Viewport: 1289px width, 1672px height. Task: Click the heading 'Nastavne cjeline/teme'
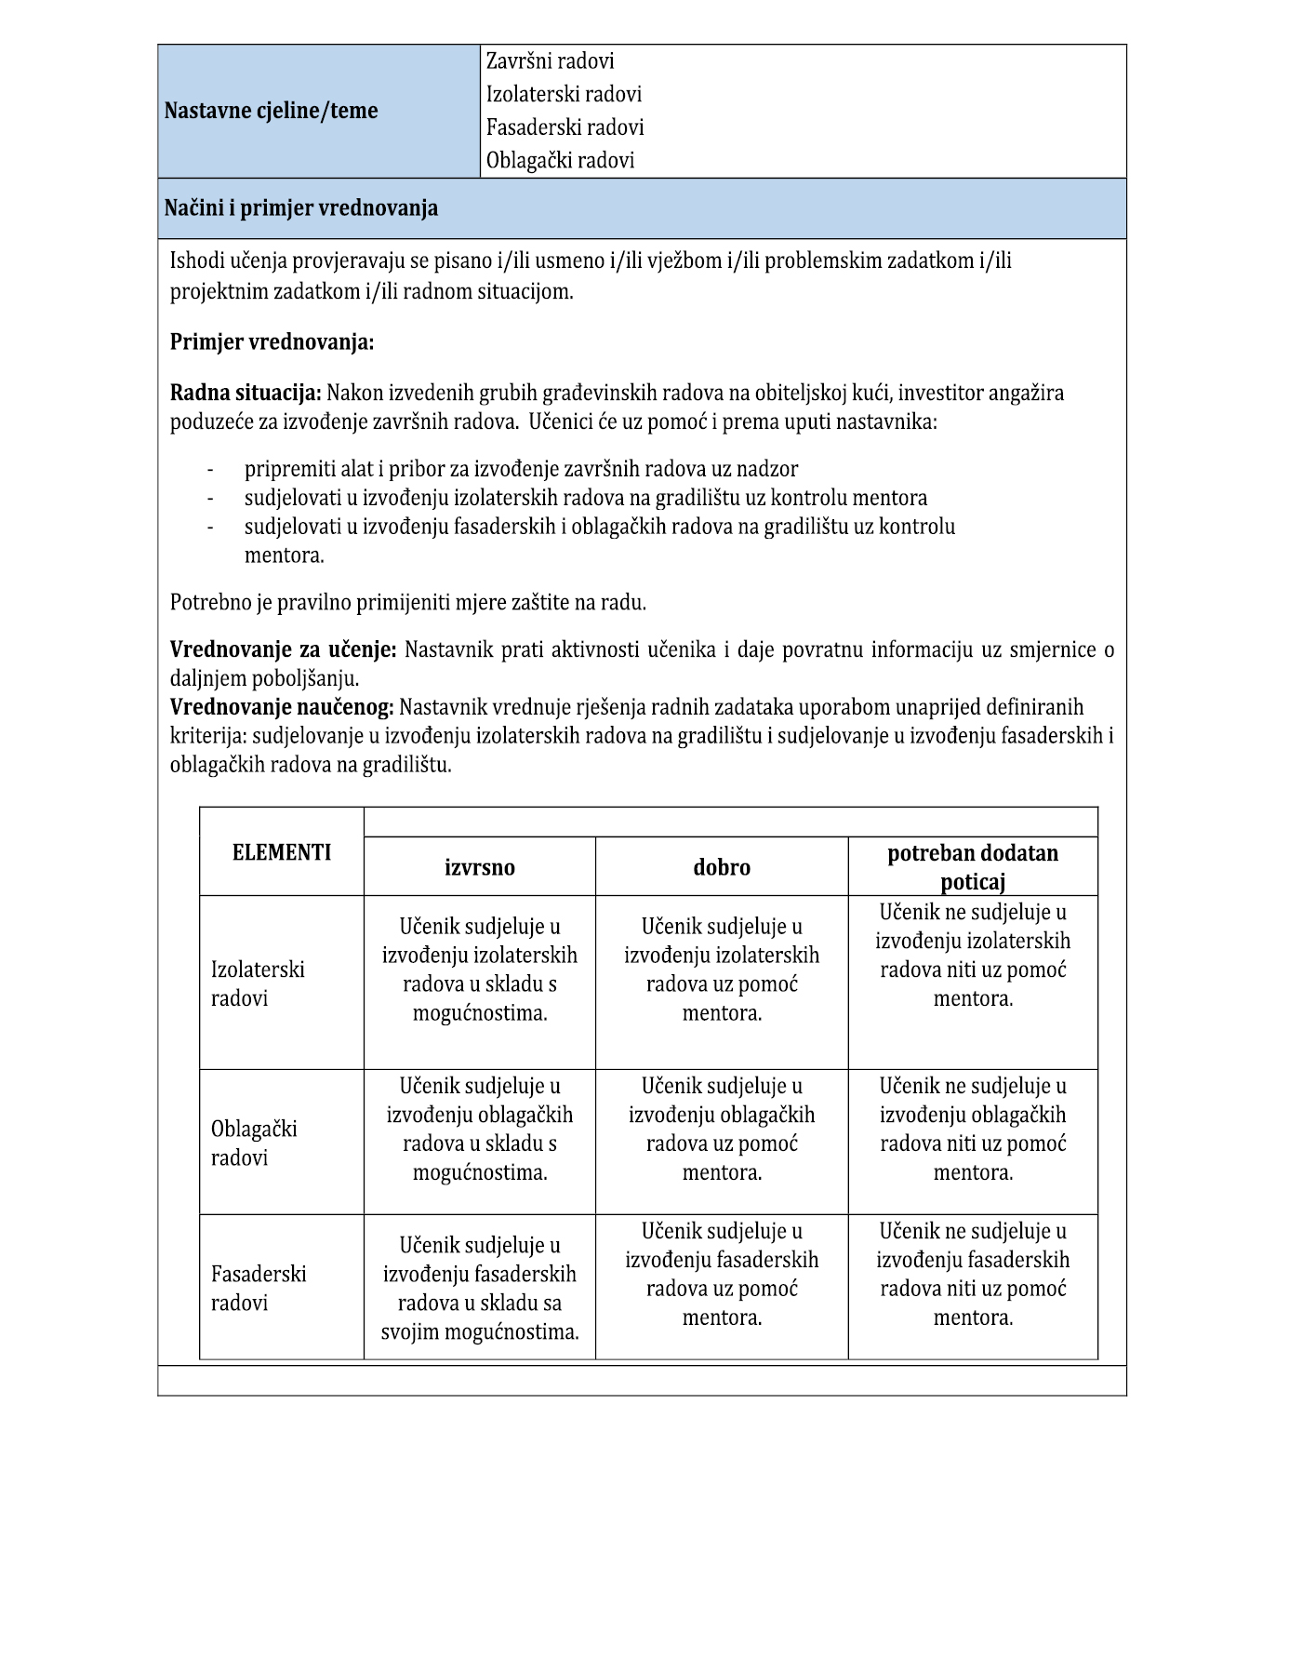click(x=271, y=111)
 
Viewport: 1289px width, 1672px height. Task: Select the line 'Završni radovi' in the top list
click(x=550, y=61)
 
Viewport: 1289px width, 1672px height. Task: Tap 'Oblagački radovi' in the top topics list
click(x=560, y=160)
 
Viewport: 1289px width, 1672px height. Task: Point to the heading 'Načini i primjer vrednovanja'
click(x=300, y=207)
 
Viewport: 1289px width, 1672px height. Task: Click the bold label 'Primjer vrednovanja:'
click(x=272, y=342)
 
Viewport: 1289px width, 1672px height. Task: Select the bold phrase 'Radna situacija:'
click(x=246, y=393)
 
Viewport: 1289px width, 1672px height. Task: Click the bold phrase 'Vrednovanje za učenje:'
click(x=283, y=649)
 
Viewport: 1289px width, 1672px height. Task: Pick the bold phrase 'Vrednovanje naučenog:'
click(x=282, y=707)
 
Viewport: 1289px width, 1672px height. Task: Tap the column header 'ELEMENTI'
click(x=281, y=852)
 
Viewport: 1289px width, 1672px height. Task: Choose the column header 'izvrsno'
click(x=479, y=867)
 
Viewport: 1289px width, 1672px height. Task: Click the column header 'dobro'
click(x=722, y=867)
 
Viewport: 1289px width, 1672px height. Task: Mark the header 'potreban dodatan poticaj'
click(x=973, y=867)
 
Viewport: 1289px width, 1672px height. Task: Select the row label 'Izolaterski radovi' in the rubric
click(x=258, y=983)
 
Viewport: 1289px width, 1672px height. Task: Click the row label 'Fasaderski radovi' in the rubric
click(x=258, y=1288)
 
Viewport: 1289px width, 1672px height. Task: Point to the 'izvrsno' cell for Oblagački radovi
click(x=479, y=1129)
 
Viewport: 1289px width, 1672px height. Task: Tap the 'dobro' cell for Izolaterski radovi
click(x=722, y=970)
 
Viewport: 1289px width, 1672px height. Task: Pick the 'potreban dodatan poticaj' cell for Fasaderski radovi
click(x=973, y=1274)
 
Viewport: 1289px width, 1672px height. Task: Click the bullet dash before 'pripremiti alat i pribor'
click(x=210, y=469)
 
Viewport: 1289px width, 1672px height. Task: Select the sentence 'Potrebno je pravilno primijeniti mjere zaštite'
click(x=407, y=602)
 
